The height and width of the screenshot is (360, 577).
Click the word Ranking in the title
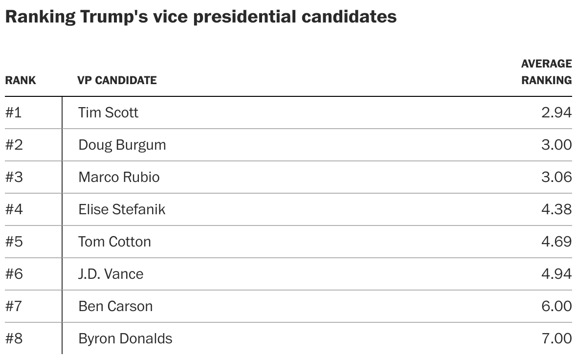pos(40,17)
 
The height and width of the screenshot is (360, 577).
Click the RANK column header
pos(21,80)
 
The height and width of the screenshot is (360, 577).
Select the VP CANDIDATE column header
pos(117,80)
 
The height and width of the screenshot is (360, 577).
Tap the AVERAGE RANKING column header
pos(546,72)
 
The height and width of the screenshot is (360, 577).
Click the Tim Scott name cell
pos(108,112)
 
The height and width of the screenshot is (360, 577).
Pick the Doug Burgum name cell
pos(122,145)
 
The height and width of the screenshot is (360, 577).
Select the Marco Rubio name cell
pos(119,177)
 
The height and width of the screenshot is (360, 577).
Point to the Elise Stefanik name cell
pos(122,209)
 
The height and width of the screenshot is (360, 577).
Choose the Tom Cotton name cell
pos(114,242)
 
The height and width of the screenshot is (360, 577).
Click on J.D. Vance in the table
pos(111,274)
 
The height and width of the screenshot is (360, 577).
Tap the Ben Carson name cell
pos(115,306)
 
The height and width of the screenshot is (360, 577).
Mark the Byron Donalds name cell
pos(125,338)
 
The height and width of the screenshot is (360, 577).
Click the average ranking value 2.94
pos(556,112)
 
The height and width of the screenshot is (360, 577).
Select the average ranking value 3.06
pos(556,177)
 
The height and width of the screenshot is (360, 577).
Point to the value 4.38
pos(556,209)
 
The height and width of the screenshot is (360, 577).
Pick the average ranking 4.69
pos(556,242)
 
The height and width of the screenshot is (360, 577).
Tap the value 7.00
pos(556,338)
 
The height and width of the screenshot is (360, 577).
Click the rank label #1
pos(14,112)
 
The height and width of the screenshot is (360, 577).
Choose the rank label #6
pos(14,274)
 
